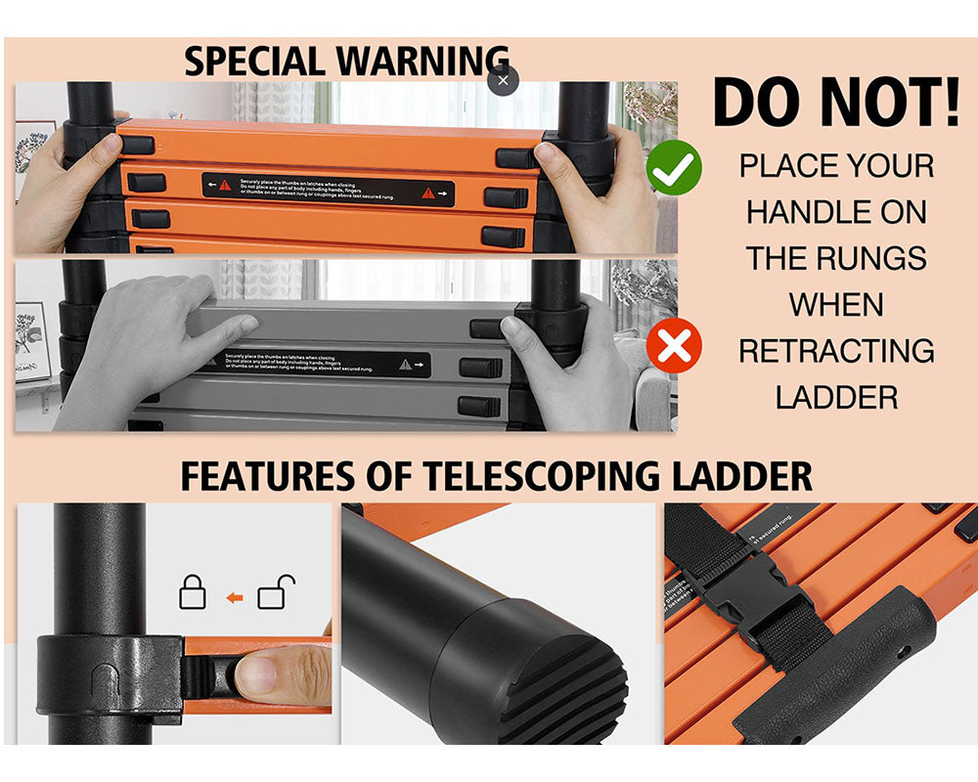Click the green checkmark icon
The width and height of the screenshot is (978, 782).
[x=674, y=168]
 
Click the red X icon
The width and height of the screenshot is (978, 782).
[x=674, y=347]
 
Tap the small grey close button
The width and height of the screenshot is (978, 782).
[x=503, y=81]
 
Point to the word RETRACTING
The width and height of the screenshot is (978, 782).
[x=836, y=351]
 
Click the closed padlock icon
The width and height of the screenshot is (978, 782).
[x=193, y=593]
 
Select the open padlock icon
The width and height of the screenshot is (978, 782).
[x=275, y=593]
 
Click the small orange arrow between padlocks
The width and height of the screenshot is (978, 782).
[x=234, y=595]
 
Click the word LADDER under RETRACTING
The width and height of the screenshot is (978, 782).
[x=836, y=397]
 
